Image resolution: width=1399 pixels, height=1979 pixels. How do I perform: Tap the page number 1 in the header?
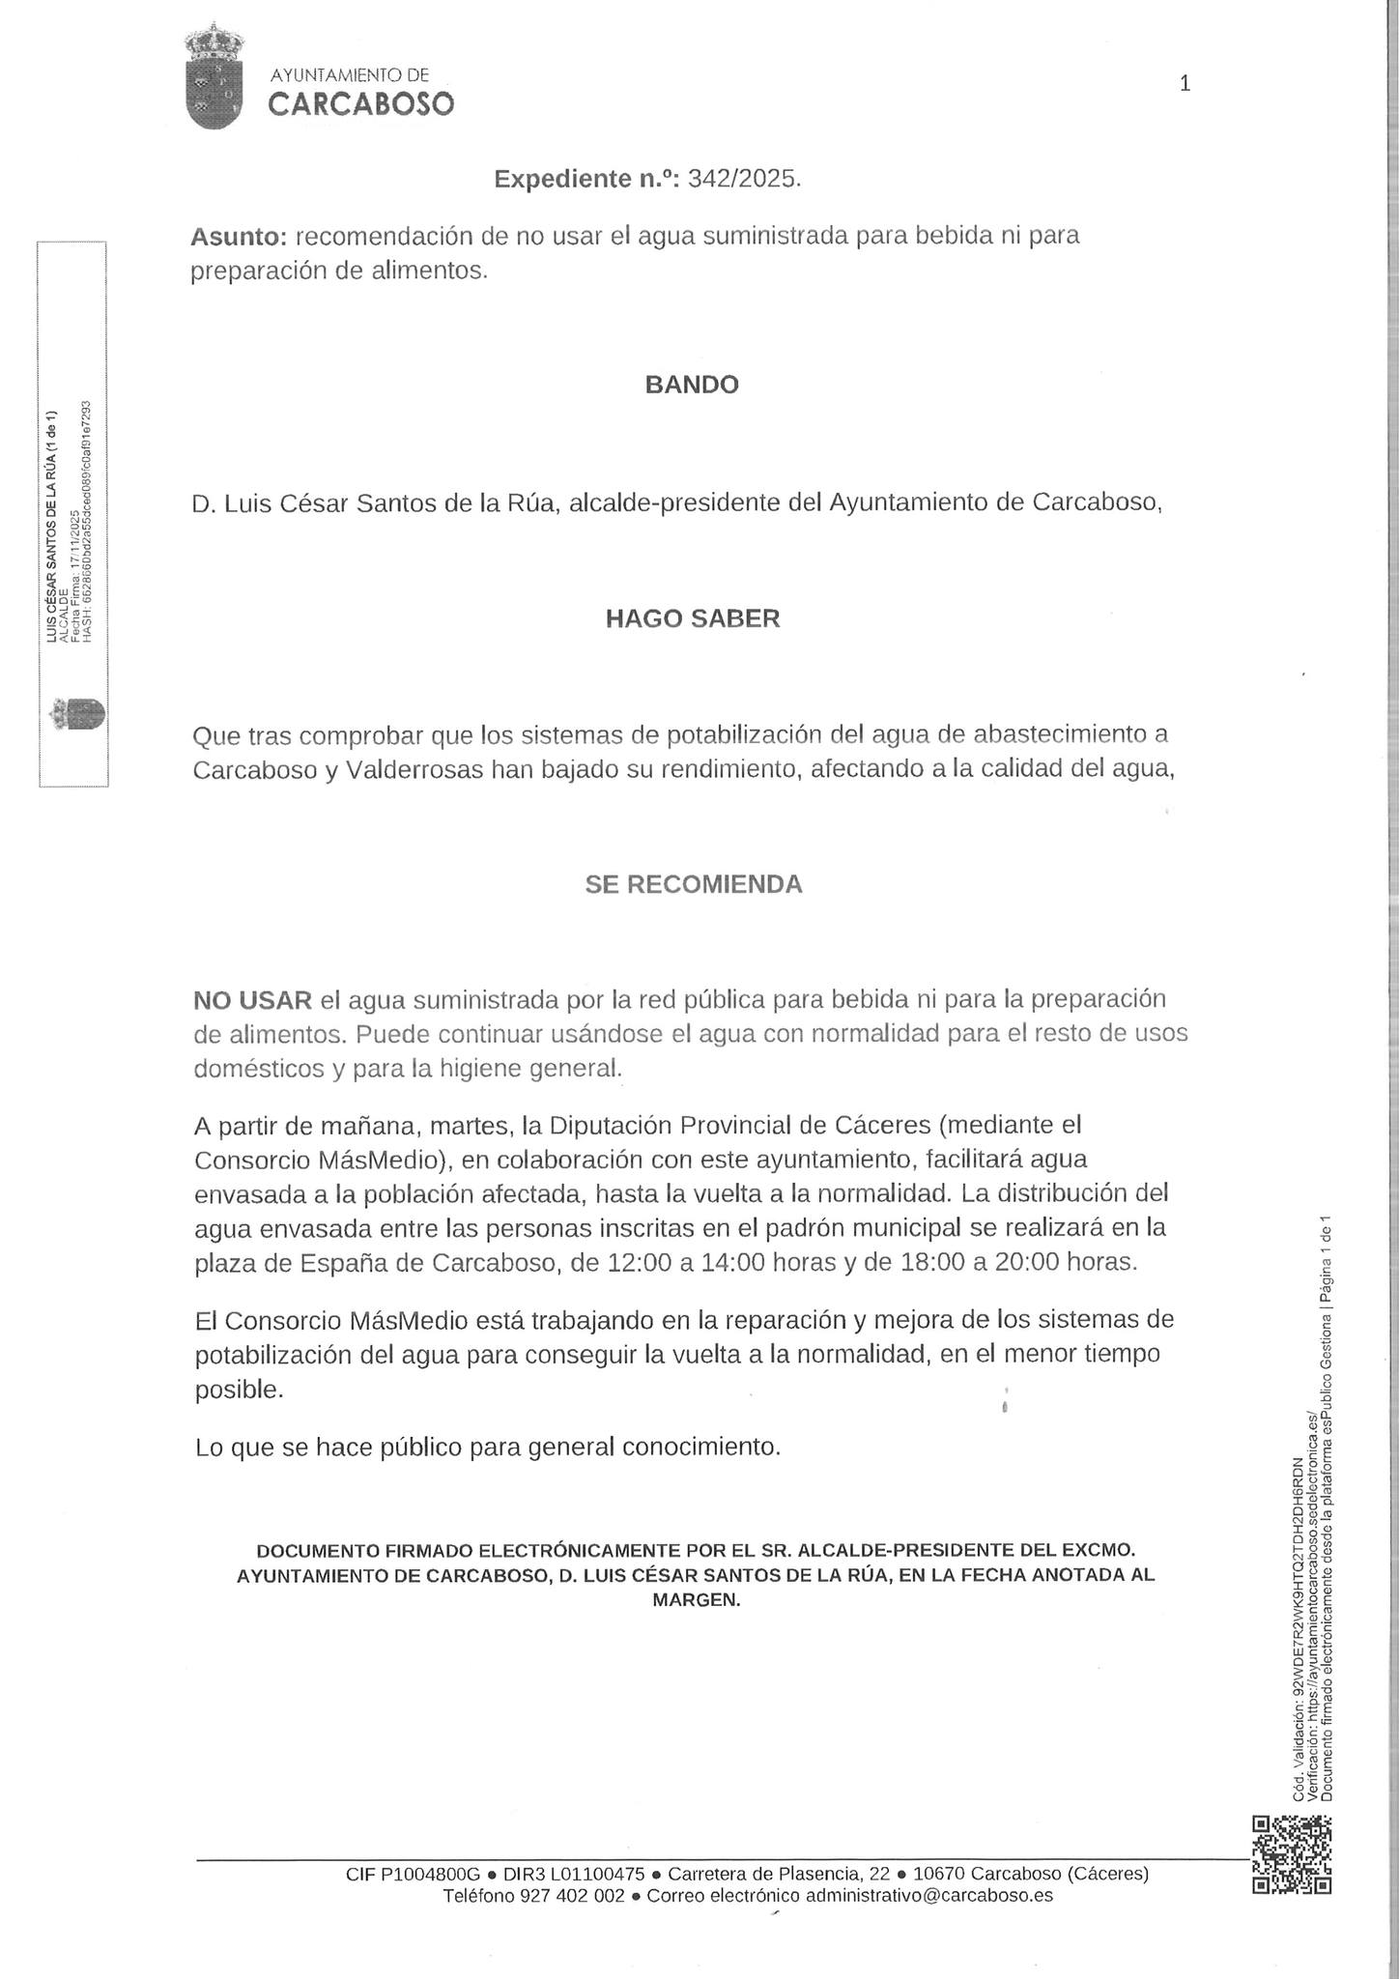(1185, 84)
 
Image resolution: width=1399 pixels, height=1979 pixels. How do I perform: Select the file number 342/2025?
(744, 179)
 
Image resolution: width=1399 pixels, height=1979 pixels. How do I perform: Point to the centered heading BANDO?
(692, 385)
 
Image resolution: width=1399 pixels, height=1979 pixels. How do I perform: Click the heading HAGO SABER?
(692, 618)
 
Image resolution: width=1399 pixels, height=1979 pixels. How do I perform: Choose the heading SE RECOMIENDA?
(693, 884)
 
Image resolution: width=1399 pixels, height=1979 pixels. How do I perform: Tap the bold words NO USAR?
(253, 998)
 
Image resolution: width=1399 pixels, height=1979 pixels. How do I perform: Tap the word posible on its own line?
(240, 1390)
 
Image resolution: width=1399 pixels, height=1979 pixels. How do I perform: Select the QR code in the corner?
(1292, 1854)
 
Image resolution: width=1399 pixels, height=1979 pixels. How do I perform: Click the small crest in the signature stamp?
(78, 716)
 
